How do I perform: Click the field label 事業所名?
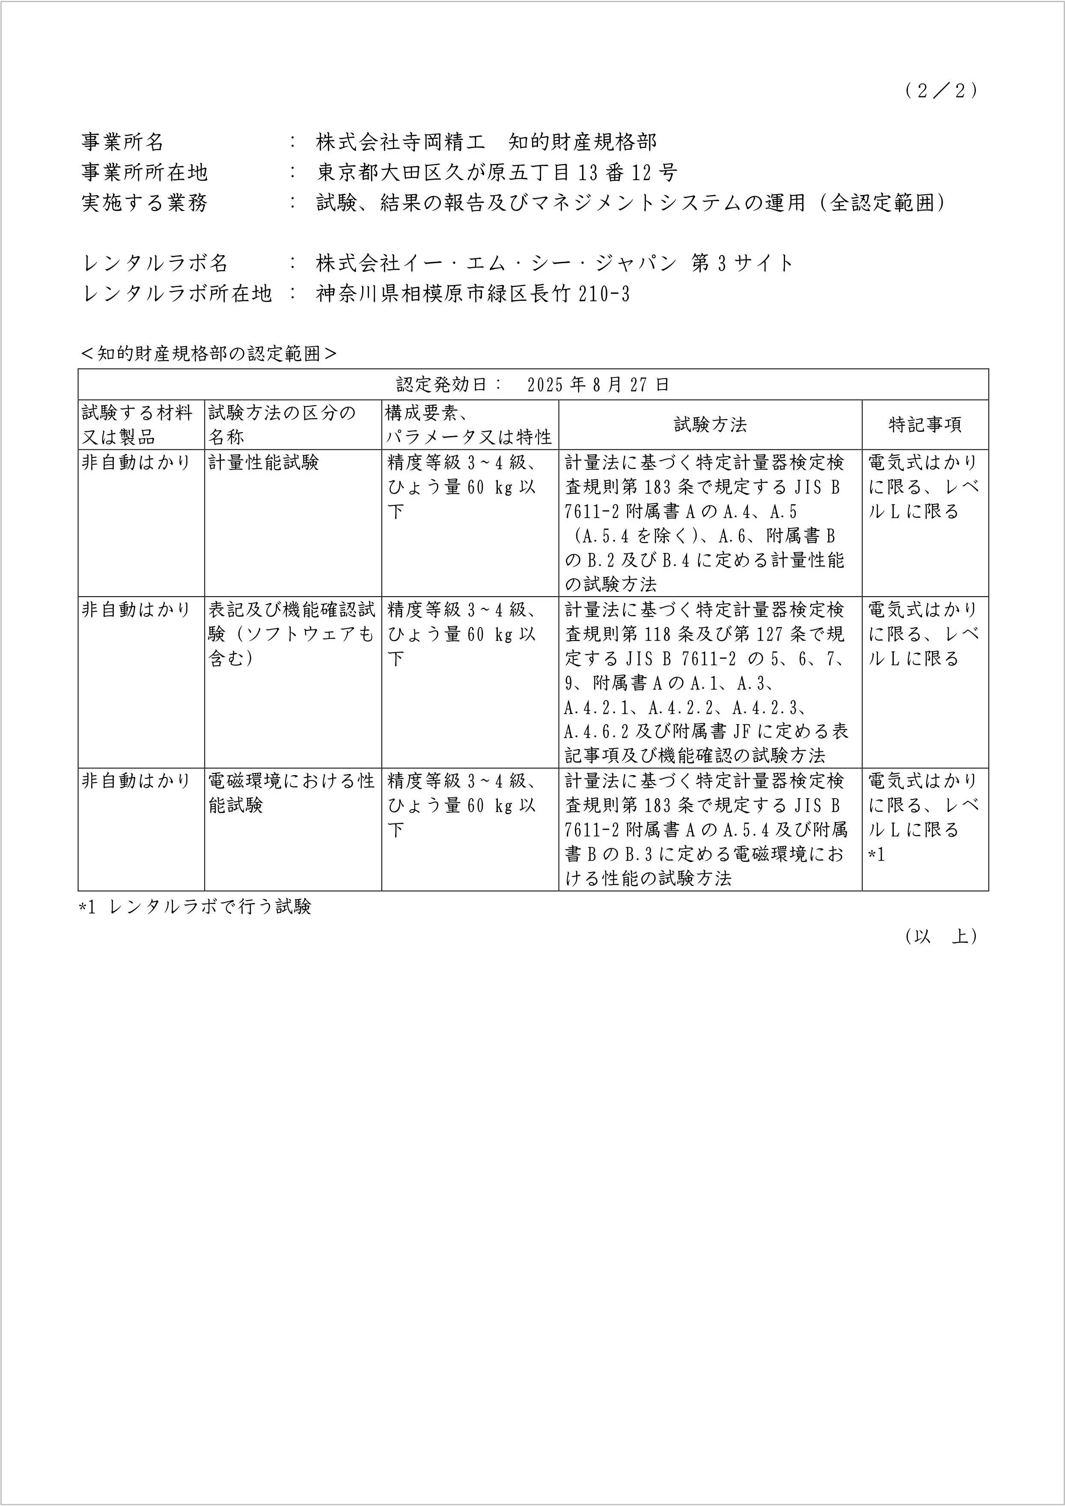tap(123, 142)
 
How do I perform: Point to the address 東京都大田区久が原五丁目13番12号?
tap(497, 172)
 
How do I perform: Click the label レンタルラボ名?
tap(155, 263)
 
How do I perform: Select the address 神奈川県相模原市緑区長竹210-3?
tap(473, 293)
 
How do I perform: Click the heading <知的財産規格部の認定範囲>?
tap(208, 353)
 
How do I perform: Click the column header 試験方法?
tap(710, 425)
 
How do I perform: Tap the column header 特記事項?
tap(925, 425)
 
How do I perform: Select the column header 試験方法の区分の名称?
tap(282, 425)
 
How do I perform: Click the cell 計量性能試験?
tap(264, 463)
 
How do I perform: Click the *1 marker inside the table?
tap(877, 855)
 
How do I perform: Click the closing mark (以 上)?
tap(940, 936)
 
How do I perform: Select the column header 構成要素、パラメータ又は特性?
tap(469, 425)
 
